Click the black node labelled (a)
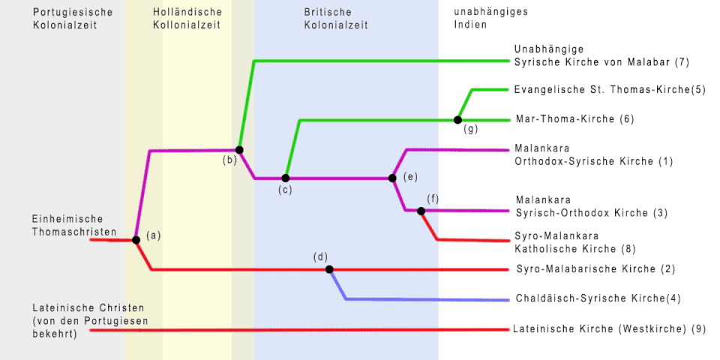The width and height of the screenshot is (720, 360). pos(136,240)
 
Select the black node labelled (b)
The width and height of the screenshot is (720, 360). pos(239,150)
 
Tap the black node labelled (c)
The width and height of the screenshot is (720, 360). pos(285,178)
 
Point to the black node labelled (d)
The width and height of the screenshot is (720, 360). pos(328,269)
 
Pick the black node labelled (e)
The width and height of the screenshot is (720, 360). pos(392,178)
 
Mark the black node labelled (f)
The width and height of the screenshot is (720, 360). pos(421,211)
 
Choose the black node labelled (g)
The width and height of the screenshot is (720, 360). pos(457,119)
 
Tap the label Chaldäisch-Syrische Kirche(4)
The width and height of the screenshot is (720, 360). pos(598,298)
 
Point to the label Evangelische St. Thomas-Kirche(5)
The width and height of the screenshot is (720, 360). pos(610,90)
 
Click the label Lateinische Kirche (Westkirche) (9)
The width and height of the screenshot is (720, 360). pos(609,328)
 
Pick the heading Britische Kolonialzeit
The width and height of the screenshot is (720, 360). pos(336,19)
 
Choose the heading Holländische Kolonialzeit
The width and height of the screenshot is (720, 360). pos(187,19)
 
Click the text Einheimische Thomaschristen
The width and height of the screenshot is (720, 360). pos(74,226)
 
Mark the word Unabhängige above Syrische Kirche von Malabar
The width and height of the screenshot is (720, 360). pos(550,49)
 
